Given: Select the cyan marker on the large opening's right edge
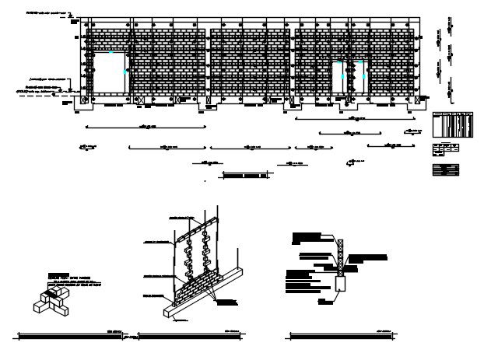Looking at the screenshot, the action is [x=126, y=71].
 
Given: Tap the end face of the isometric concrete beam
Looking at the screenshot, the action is [x=169, y=312].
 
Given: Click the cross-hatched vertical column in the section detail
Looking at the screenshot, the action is [x=339, y=253].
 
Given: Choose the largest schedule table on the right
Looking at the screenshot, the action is [x=452, y=124].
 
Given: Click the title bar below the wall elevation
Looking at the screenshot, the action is [x=246, y=176].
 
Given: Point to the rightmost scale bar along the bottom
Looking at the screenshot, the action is [x=342, y=337].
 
